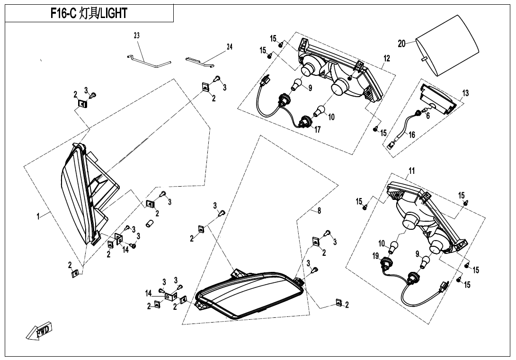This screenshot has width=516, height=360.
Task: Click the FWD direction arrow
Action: (39, 331)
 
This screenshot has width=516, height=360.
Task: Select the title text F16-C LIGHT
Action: (89, 13)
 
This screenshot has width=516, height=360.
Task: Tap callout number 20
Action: (401, 43)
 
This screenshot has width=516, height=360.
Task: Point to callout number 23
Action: (136, 35)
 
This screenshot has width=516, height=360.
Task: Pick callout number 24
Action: (230, 47)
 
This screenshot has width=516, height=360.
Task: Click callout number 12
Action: (387, 58)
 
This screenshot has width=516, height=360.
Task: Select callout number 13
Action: (465, 93)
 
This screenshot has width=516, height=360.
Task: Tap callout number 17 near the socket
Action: (317, 130)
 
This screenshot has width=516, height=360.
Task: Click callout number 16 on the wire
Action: (412, 135)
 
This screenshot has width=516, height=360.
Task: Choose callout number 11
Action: (412, 171)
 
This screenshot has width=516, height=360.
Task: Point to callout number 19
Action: (376, 256)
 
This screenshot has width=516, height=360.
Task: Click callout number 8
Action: (319, 211)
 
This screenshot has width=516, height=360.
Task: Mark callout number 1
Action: (38, 216)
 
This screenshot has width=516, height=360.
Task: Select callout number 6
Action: (428, 116)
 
